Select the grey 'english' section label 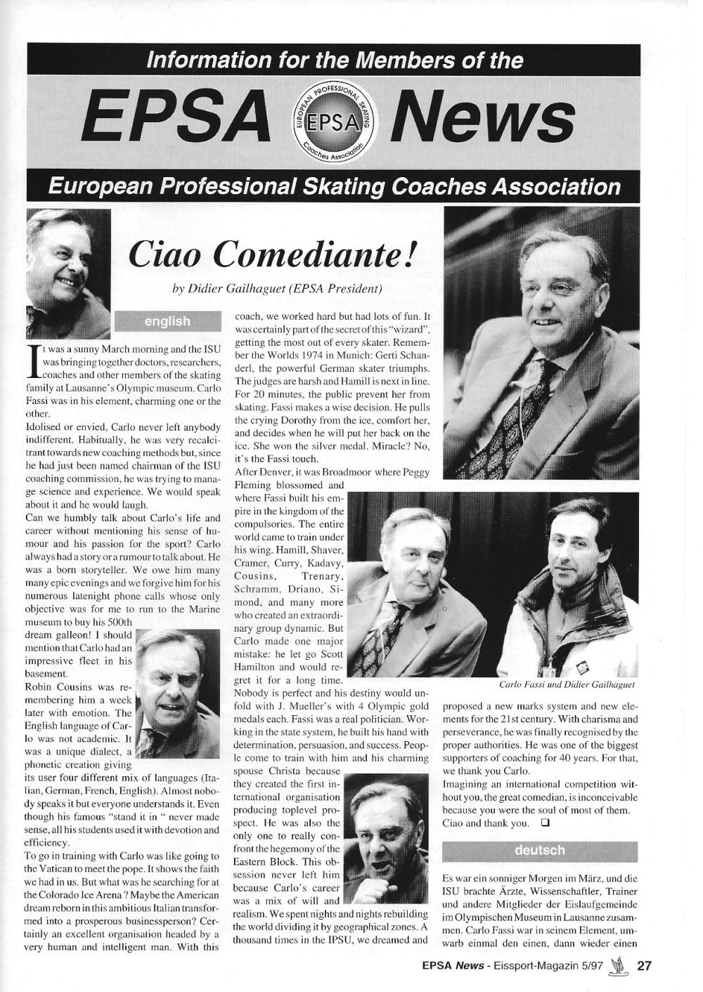[x=167, y=321]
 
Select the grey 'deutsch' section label [x=539, y=850]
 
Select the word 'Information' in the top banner [x=205, y=60]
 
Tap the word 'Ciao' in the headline [x=166, y=257]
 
